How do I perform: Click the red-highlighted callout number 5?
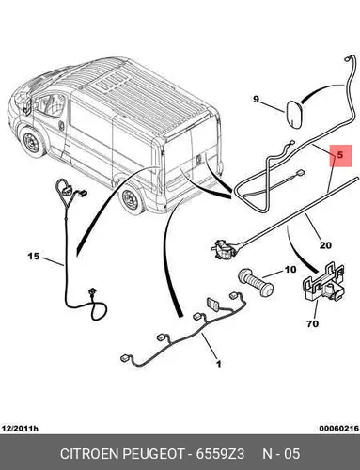coord(340,155)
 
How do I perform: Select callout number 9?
coord(257,100)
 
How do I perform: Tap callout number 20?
coord(325,244)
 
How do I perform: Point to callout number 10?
coord(290,269)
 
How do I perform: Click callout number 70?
coord(312,323)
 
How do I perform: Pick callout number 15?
coord(34,257)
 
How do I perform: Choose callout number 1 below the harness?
coord(219,364)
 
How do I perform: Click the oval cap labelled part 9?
coord(294,114)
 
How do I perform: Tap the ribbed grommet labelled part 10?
coord(257,282)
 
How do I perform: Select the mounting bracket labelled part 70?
coord(322,283)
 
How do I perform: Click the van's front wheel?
coord(32,142)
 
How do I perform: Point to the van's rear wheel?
coord(132,198)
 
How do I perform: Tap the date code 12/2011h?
coord(20,428)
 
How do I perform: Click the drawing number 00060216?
coord(338,428)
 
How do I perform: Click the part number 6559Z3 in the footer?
coord(220,454)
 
